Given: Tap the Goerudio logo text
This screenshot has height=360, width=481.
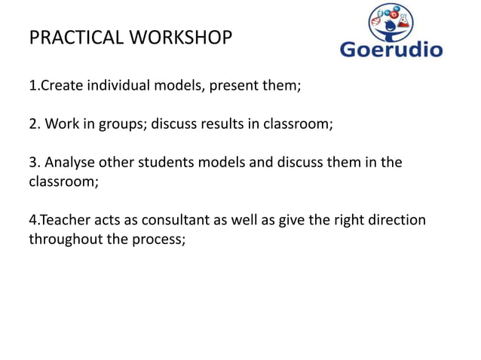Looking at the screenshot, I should point(391,50).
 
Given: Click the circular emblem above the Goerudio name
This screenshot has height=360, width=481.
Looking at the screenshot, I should point(392,21).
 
